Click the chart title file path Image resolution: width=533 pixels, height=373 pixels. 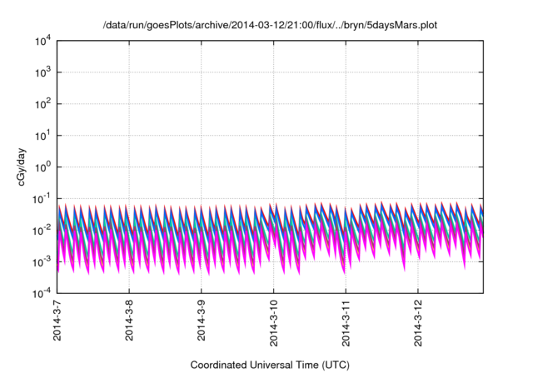pyautogui.click(x=269, y=26)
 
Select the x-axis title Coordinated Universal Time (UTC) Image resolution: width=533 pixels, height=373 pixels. pyautogui.click(x=269, y=365)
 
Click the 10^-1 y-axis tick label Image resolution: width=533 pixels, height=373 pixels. pyautogui.click(x=42, y=199)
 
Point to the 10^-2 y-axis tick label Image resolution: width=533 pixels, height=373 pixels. pyautogui.click(x=42, y=231)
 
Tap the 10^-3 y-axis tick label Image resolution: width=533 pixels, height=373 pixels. pyautogui.click(x=42, y=262)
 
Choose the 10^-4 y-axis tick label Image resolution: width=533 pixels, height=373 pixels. pyautogui.click(x=42, y=294)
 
